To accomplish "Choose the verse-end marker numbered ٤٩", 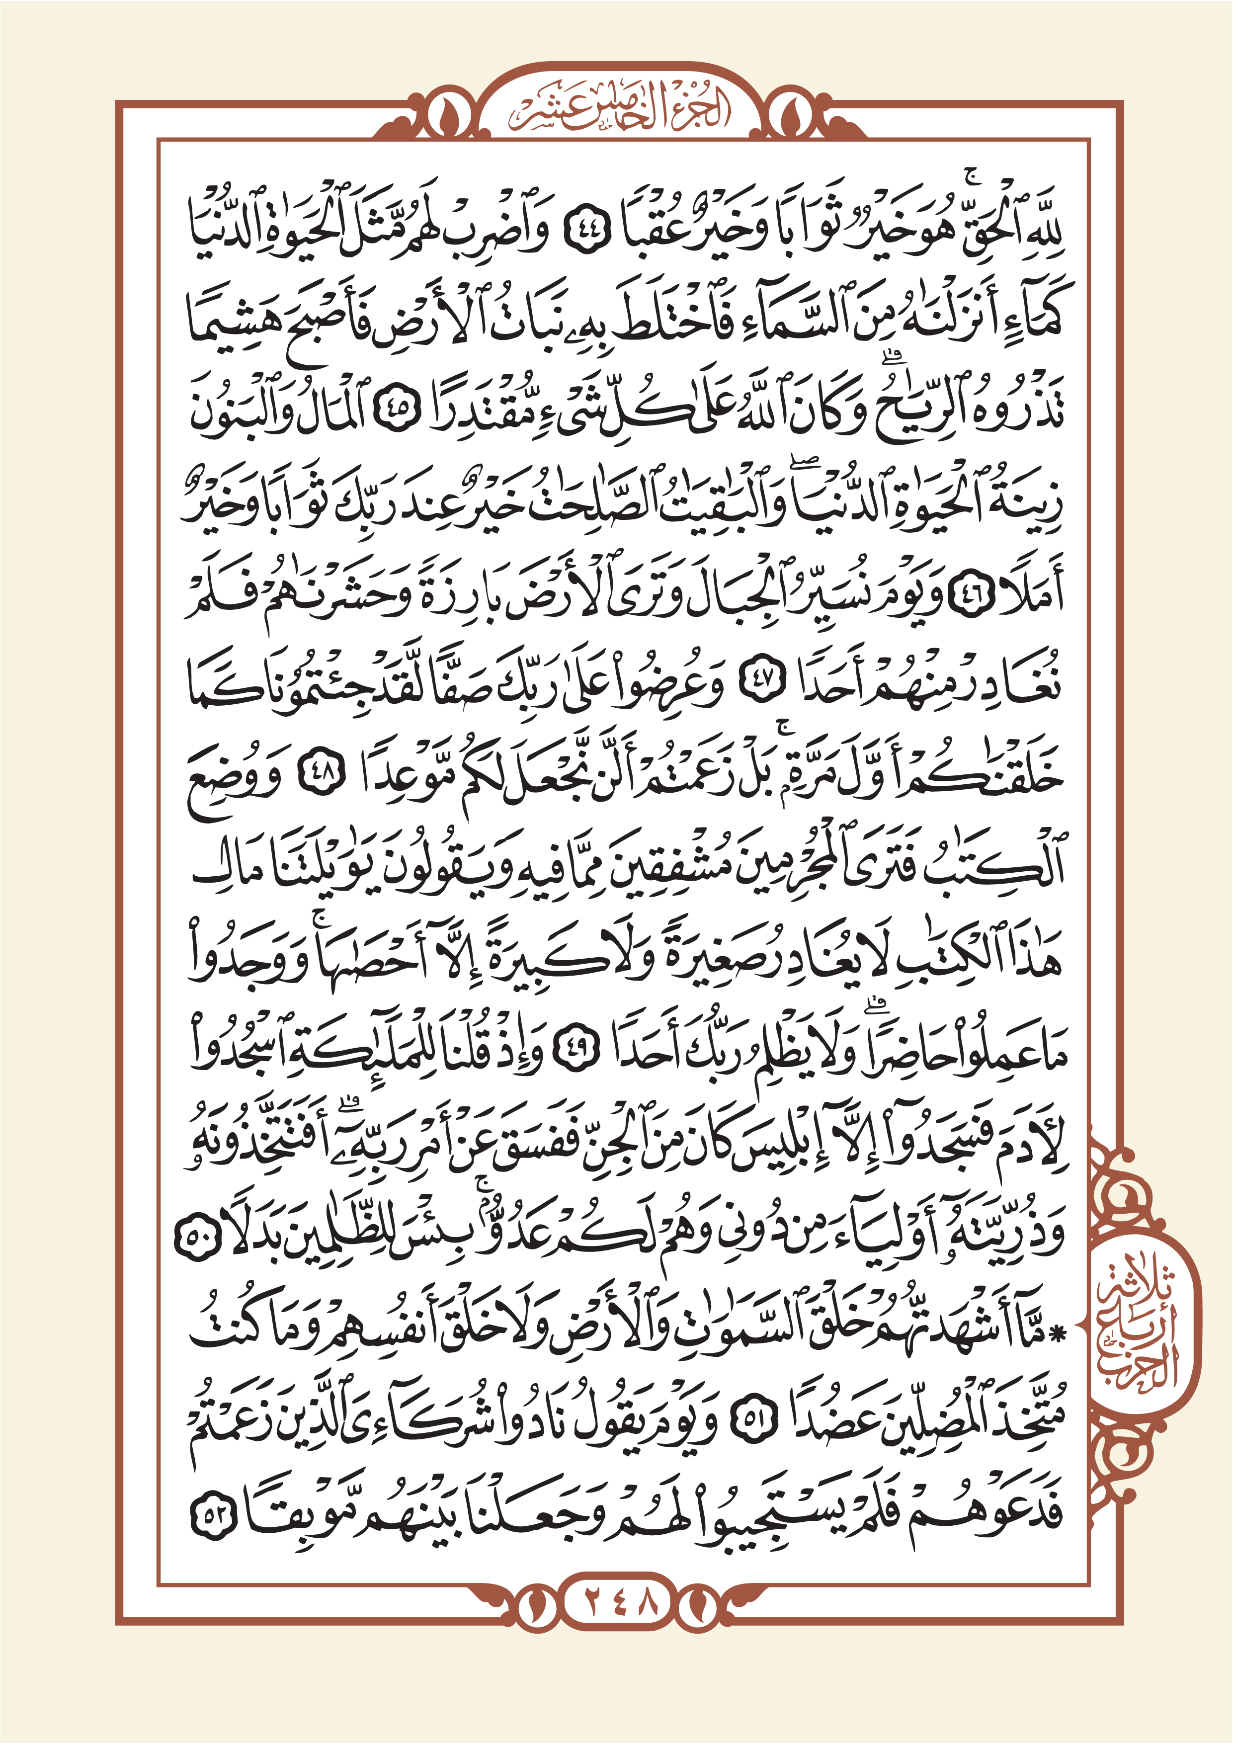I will (575, 1051).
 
